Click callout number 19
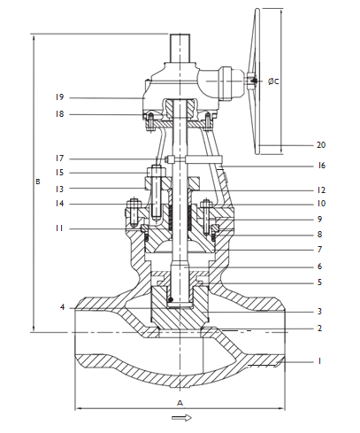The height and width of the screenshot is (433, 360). tap(60, 97)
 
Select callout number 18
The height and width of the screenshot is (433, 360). tap(60, 114)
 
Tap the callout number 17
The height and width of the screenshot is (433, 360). tap(60, 159)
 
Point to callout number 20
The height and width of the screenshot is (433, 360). tap(321, 144)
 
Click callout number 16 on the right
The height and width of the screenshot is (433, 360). tap(321, 166)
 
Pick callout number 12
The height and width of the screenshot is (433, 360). tap(321, 190)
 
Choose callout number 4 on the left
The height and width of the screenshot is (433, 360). tap(63, 307)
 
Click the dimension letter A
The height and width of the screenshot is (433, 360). tap(180, 401)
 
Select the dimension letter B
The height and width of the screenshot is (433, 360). tap(36, 182)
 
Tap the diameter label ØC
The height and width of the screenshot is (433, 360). tap(274, 81)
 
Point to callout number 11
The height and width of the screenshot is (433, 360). tap(60, 228)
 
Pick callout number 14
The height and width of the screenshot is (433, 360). tap(60, 205)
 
